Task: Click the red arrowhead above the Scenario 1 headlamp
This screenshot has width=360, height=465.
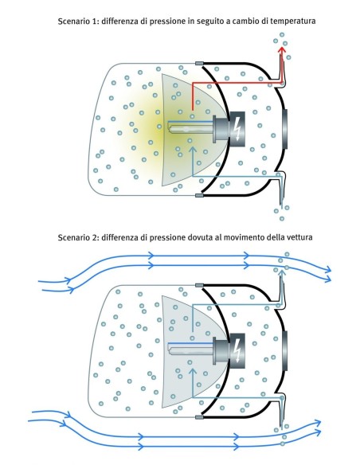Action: pyautogui.click(x=282, y=50)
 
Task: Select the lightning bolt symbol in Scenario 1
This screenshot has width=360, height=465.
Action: pyautogui.click(x=237, y=129)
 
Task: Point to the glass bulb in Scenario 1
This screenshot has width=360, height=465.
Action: pyautogui.click(x=190, y=129)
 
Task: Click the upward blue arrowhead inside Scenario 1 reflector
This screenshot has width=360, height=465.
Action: pyautogui.click(x=193, y=149)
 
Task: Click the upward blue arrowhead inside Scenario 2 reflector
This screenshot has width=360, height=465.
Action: pyautogui.click(x=193, y=371)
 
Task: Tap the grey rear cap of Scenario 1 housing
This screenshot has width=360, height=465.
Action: pyautogui.click(x=285, y=129)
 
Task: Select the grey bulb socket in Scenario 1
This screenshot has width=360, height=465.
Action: pyautogui.click(x=221, y=129)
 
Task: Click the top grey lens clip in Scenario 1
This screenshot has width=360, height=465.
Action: pyautogui.click(x=199, y=63)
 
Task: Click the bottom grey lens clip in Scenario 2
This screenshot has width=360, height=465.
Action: pyautogui.click(x=199, y=417)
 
